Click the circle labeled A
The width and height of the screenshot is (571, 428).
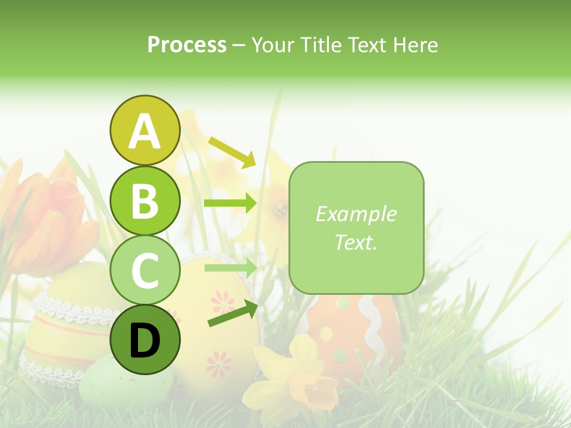(x=145, y=131)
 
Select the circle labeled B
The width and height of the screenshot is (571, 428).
(x=145, y=201)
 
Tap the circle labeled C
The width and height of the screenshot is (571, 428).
(x=145, y=270)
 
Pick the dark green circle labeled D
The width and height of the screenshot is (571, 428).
(x=145, y=340)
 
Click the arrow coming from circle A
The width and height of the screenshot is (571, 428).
(x=232, y=152)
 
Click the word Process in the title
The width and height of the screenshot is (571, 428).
(x=187, y=45)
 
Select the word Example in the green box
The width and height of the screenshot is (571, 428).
(x=356, y=214)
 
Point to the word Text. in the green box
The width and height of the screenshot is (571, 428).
(x=356, y=242)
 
